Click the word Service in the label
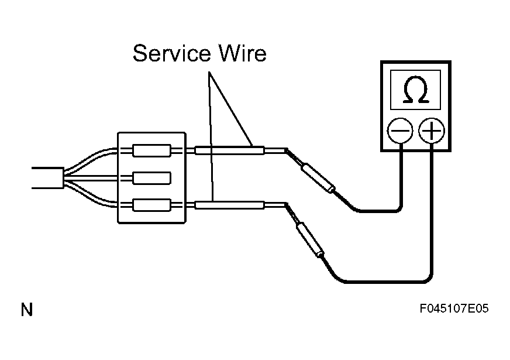click(171, 53)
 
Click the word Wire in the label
click(242, 53)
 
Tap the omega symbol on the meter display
click(415, 90)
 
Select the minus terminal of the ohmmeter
click(400, 131)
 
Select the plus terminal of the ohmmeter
click(431, 131)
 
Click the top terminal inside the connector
click(151, 150)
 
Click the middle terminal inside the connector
click(151, 179)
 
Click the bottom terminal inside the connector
click(151, 205)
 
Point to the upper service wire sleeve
click(229, 150)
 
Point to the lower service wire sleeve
click(229, 205)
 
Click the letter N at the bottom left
click(27, 310)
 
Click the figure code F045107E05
click(454, 308)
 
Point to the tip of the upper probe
click(286, 150)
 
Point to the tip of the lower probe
click(286, 204)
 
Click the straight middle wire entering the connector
click(92, 179)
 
